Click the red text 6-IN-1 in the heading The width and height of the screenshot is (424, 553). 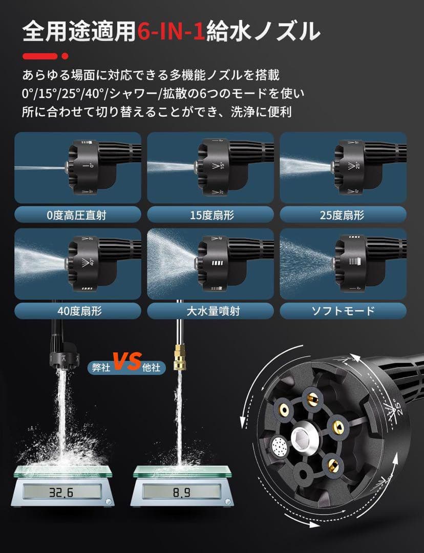[x=171, y=32]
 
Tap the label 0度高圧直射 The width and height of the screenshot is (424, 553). [x=77, y=215]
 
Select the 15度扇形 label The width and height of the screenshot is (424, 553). [x=210, y=215]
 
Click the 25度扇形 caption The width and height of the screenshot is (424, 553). [x=343, y=215]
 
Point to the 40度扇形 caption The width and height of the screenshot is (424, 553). [x=77, y=310]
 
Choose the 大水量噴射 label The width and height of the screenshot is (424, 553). [x=210, y=310]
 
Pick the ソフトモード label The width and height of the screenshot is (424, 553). [x=343, y=310]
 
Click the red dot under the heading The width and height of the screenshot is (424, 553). [x=65, y=55]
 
